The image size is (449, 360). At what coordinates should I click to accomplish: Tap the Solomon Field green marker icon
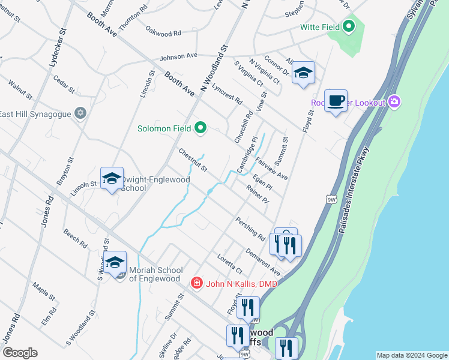pyautogui.click(x=200, y=128)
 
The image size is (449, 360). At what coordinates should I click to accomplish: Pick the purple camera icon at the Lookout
pyautogui.click(x=394, y=102)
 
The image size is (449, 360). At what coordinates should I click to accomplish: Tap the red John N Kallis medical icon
pyautogui.click(x=196, y=283)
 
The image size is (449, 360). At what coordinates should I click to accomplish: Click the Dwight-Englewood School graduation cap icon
pyautogui.click(x=112, y=178)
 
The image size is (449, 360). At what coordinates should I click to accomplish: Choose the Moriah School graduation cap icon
pyautogui.click(x=115, y=262)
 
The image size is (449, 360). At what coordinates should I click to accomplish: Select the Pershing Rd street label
pyautogui.click(x=250, y=229)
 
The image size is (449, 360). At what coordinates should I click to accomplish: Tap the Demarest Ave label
pyautogui.click(x=262, y=262)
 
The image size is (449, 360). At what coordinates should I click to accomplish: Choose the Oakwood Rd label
pyautogui.click(x=163, y=31)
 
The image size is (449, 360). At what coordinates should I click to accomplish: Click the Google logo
pyautogui.click(x=20, y=353)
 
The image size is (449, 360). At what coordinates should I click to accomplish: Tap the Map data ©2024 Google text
pyautogui.click(x=411, y=355)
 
